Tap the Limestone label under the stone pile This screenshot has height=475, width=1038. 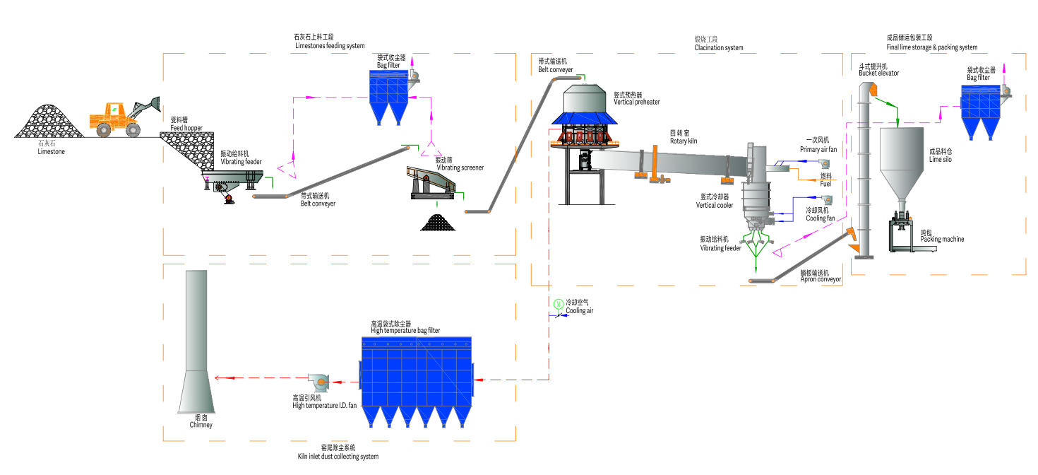[51, 151]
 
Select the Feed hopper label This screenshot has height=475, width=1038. [186, 127]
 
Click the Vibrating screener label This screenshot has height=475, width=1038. [460, 168]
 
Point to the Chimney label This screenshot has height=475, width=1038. [201, 425]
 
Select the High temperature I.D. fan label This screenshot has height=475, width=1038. [324, 405]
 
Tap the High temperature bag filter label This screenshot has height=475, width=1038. [405, 330]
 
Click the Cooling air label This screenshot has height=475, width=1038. [579, 311]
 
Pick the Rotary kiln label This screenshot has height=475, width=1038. [684, 141]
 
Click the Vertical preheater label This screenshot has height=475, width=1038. [636, 102]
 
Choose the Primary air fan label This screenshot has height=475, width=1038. [818, 149]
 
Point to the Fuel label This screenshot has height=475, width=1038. [825, 184]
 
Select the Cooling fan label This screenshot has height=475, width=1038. [820, 218]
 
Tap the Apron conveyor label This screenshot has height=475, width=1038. [821, 279]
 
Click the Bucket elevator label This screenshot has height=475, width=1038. [878, 73]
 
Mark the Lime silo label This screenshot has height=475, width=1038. [941, 159]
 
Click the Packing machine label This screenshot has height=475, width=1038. [941, 239]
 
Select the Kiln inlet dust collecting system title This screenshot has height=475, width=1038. [338, 457]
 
